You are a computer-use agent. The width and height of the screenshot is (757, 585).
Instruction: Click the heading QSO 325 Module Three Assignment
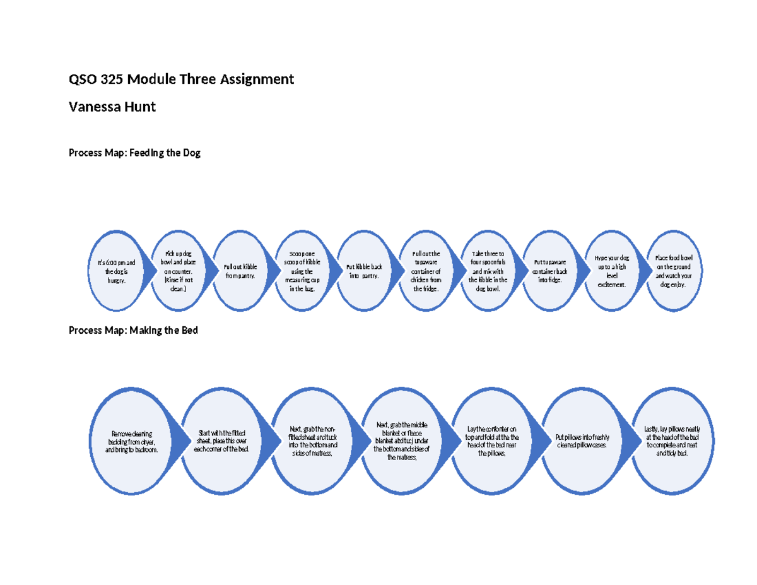tap(181, 80)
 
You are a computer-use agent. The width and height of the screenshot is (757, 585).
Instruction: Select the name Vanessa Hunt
tap(112, 107)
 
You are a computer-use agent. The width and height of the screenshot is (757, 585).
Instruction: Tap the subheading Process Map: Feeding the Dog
tap(134, 153)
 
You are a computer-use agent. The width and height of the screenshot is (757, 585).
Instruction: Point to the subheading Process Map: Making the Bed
tap(133, 330)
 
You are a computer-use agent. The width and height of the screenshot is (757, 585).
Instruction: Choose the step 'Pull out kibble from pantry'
tap(240, 271)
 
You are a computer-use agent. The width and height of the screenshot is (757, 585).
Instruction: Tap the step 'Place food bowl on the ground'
tap(673, 271)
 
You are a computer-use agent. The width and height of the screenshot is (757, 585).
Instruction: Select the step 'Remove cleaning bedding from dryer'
tap(133, 442)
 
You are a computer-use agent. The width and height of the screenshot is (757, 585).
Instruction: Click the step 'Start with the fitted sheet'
tap(223, 440)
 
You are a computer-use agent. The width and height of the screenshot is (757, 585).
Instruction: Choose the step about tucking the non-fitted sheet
tap(312, 440)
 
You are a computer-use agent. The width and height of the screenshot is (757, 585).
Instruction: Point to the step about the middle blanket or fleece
tap(402, 440)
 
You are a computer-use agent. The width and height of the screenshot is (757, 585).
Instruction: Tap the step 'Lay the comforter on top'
tap(492, 440)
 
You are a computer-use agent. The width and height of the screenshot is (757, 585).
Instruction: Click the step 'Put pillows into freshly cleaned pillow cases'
tap(582, 440)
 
